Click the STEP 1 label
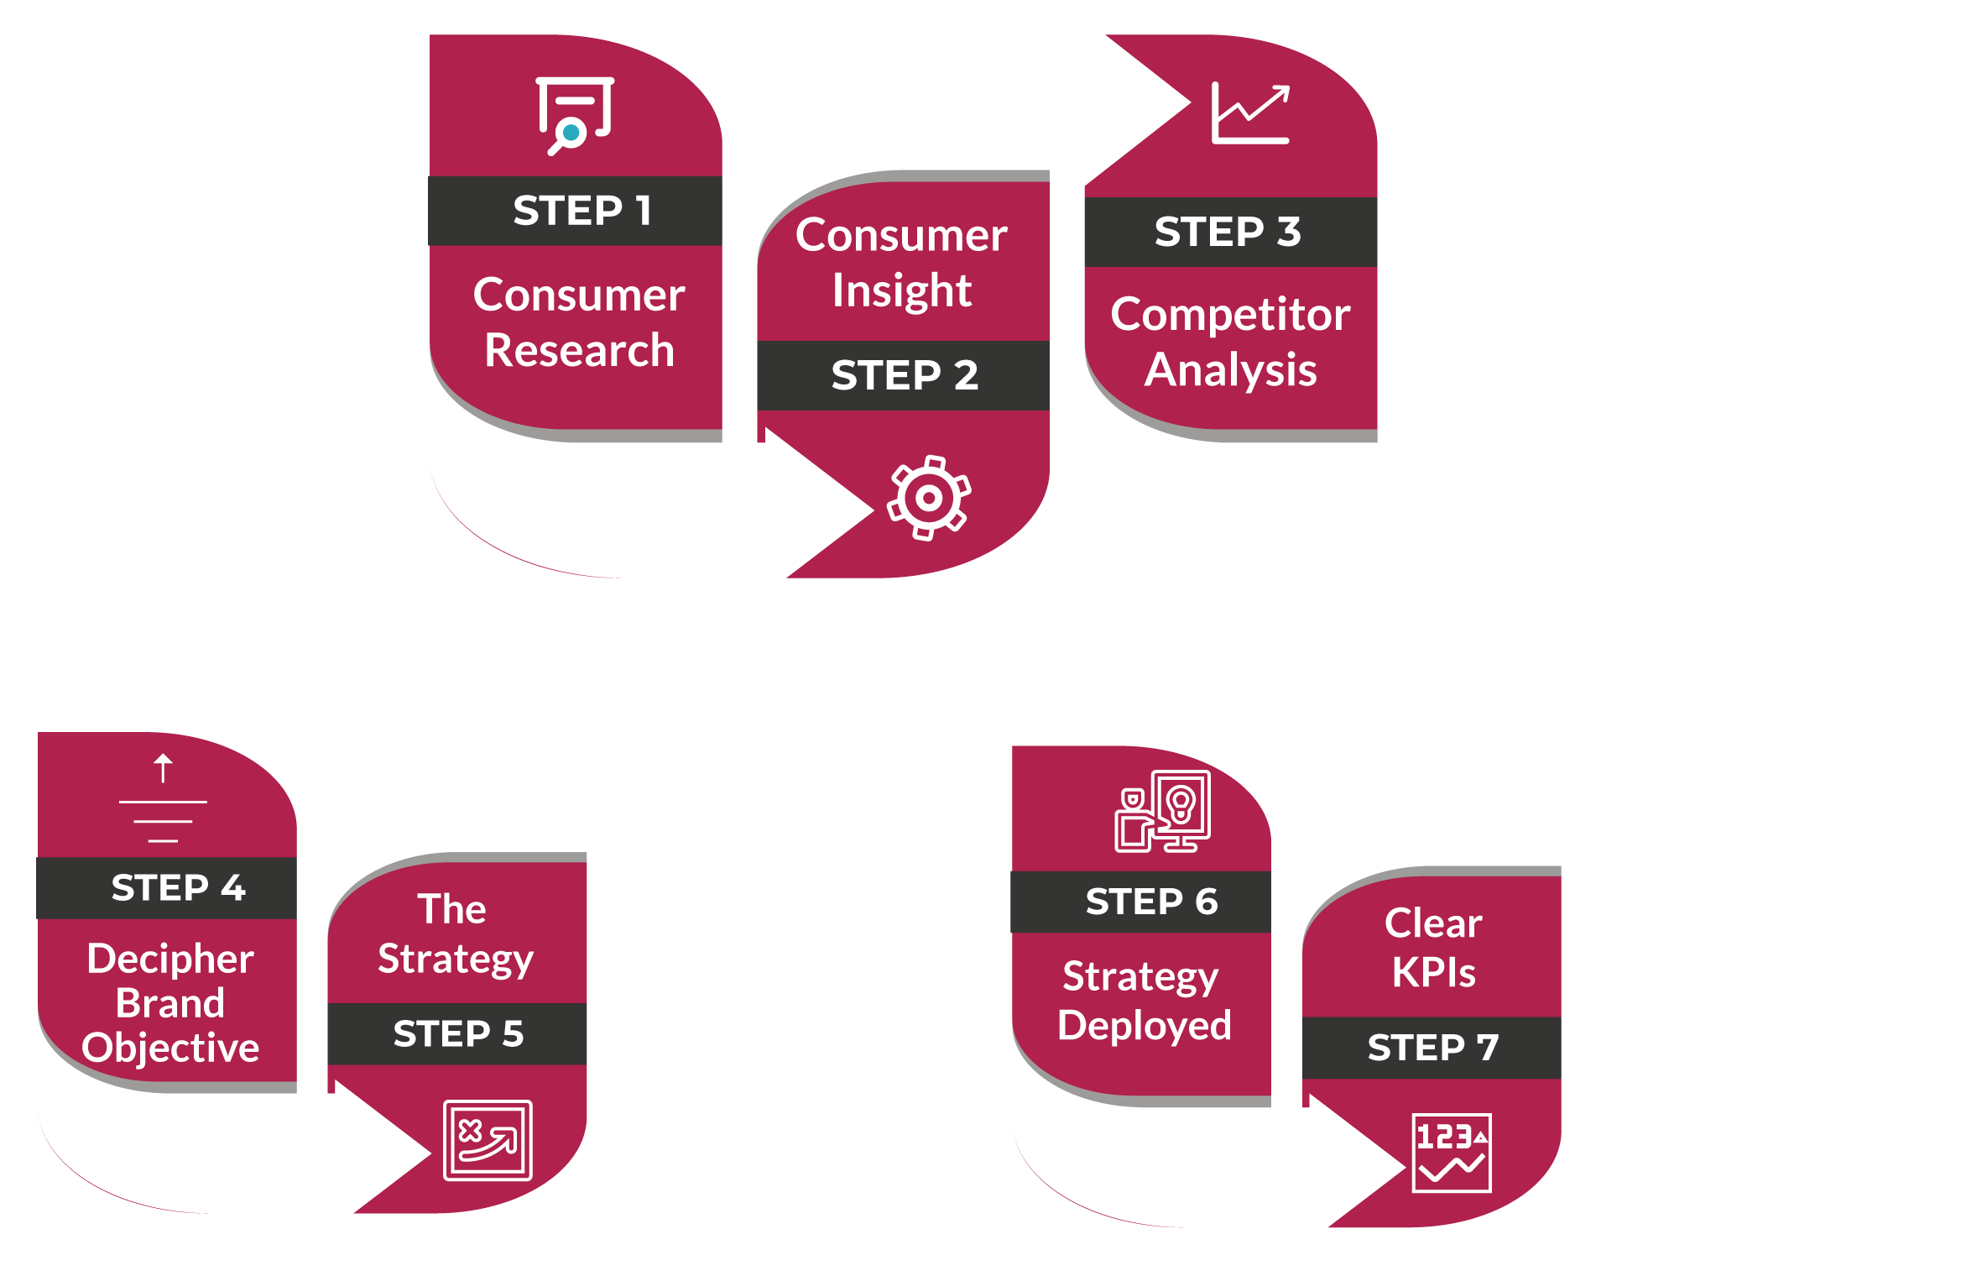582,211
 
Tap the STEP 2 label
905,375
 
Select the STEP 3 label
1228,233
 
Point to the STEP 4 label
178,888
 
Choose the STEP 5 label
458,1034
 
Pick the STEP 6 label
1151,902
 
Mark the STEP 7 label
1432,1048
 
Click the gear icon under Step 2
929,498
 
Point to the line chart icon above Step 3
1250,114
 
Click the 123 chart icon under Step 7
1452,1153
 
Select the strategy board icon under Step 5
488,1140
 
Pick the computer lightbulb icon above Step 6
1162,811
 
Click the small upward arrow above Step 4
163,767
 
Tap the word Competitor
1230,315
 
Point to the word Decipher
170,959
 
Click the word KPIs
1433,973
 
